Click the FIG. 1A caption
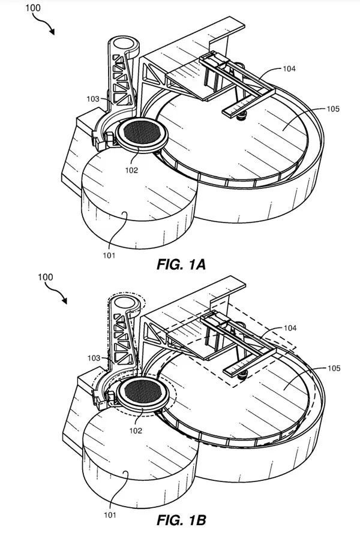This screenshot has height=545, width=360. pos(181,264)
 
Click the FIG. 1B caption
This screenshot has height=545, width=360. pos(181,520)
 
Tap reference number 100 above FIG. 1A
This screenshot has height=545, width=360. pos(32,8)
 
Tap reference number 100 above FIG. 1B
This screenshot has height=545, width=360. pos(45,277)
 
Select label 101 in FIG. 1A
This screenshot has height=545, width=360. pos(109,255)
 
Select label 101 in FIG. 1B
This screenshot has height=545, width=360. pos(110,515)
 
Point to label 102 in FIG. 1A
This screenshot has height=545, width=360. pos(131,170)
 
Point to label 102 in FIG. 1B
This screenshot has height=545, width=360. pos(136,430)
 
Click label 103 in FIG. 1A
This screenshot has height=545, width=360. pos(93,99)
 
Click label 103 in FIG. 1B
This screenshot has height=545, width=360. pos(94,358)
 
